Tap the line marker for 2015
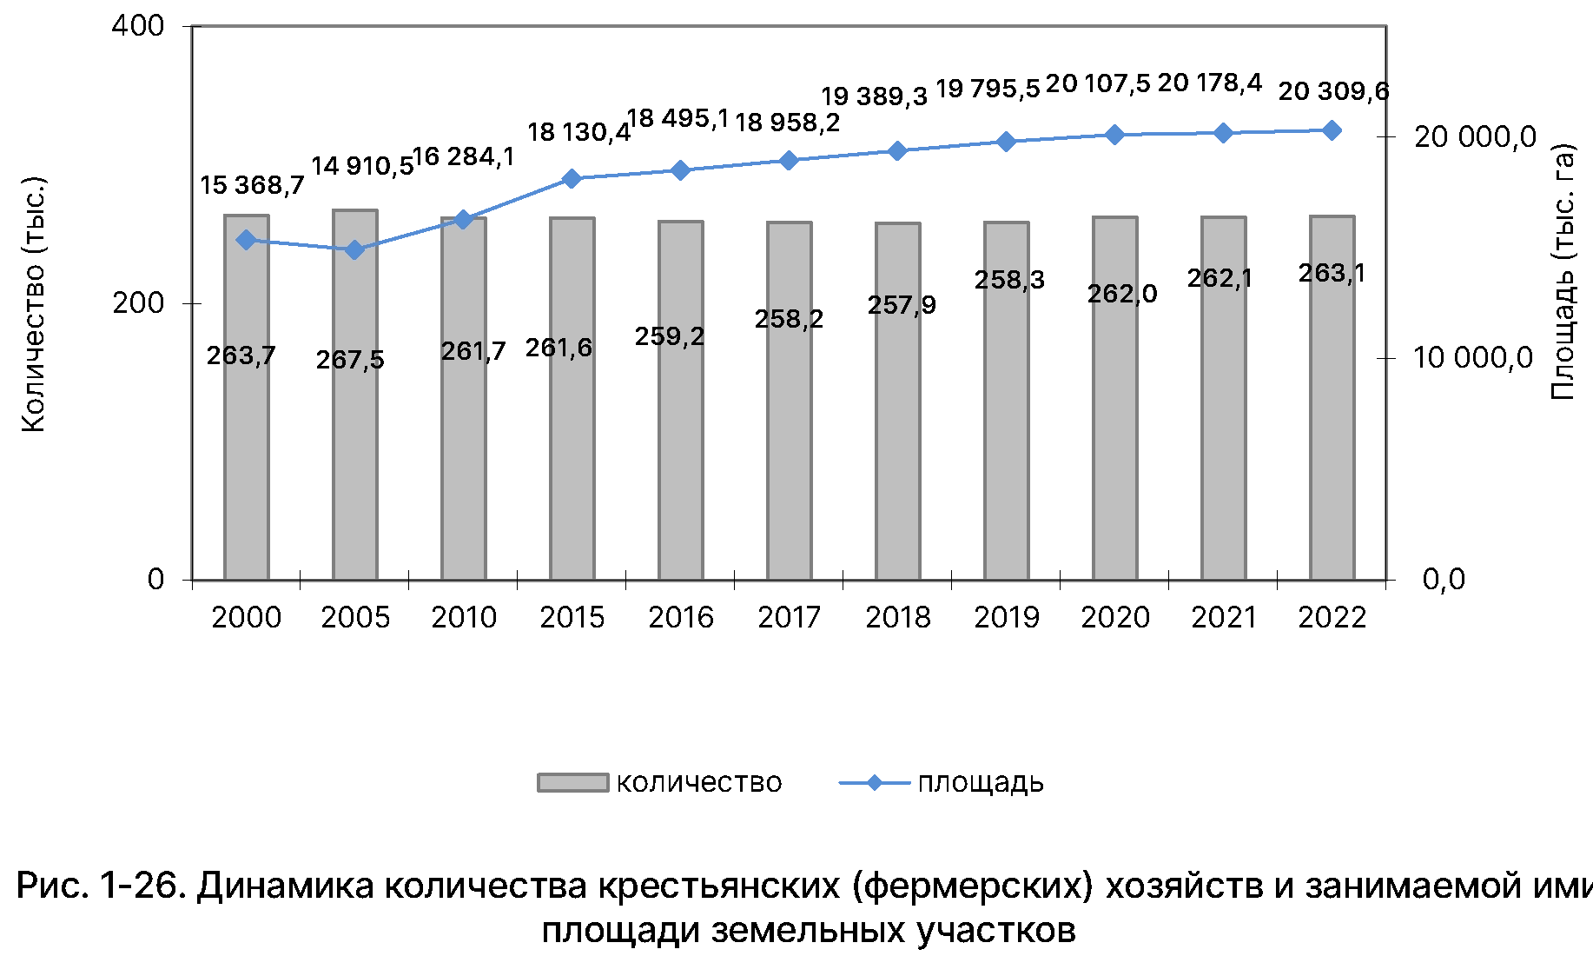tap(572, 179)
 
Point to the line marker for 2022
tap(1332, 130)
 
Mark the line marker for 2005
tap(354, 250)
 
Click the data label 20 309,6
tap(1333, 91)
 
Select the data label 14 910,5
tap(362, 166)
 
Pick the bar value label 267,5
tap(350, 360)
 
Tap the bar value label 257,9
tap(902, 305)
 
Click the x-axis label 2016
tap(680, 617)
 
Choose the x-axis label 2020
tap(1114, 617)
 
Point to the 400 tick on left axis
tap(138, 26)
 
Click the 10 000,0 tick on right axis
tap(1473, 357)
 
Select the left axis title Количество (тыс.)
tap(33, 304)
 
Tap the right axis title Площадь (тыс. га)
tap(1563, 271)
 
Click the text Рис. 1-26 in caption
tap(99, 886)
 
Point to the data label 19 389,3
tap(875, 96)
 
